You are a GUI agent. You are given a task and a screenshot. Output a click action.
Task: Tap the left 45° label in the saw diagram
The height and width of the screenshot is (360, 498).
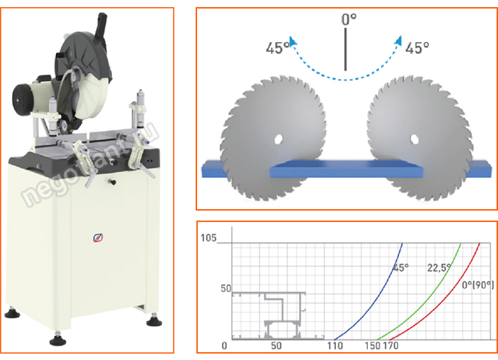[x=277, y=48]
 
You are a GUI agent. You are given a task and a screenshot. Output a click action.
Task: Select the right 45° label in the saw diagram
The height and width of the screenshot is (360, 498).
[x=417, y=48]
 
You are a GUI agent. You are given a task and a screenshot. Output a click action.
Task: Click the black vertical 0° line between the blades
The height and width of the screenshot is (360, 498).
[x=346, y=49]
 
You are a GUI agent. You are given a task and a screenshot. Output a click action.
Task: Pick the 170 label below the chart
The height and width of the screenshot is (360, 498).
[x=393, y=346]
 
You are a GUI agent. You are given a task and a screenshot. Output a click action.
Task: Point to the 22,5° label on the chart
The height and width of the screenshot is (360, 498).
[x=440, y=269]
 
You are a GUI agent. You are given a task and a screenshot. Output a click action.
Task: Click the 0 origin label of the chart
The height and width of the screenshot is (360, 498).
[x=224, y=346]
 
